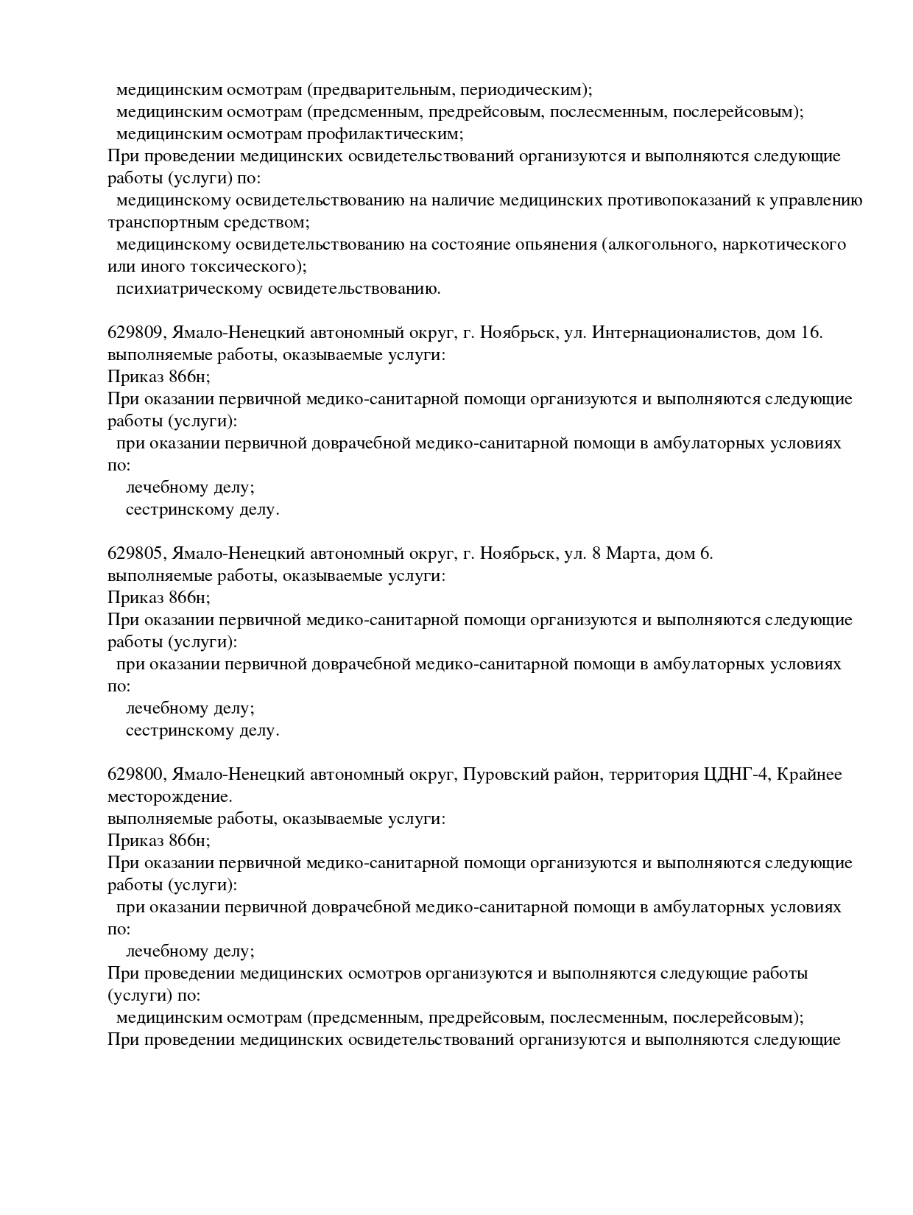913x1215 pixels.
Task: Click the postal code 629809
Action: [x=134, y=333]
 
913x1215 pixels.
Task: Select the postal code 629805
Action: [x=134, y=554]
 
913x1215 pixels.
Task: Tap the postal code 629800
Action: [x=134, y=775]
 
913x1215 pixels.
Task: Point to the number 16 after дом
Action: [x=810, y=333]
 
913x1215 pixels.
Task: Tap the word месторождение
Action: [x=169, y=797]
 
